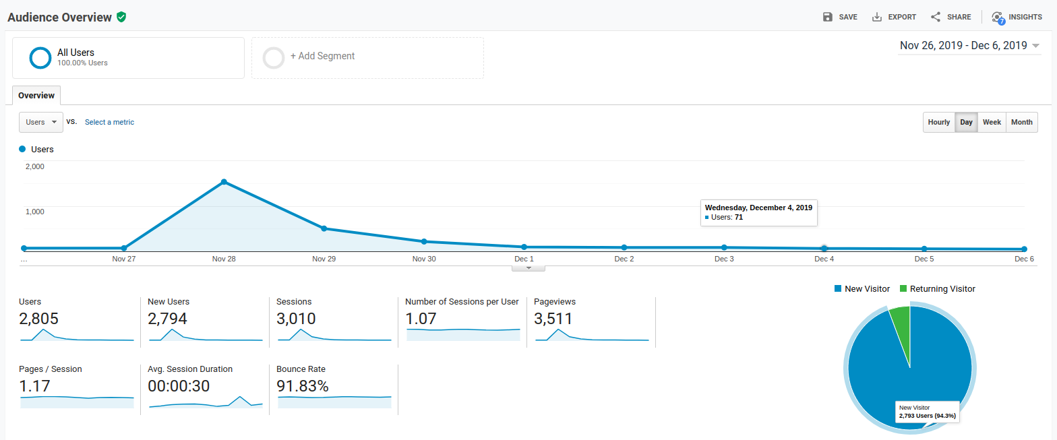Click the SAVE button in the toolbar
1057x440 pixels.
tap(840, 17)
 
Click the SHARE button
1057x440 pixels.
tap(950, 17)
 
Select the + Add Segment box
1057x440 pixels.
tap(367, 57)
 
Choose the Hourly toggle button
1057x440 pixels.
tap(938, 122)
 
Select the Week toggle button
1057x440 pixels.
tap(992, 122)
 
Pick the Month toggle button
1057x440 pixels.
tap(1021, 122)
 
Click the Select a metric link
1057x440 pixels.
tap(109, 122)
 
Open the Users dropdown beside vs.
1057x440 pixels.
tap(41, 122)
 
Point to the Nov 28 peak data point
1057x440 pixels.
tap(224, 182)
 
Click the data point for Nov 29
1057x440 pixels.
tap(324, 228)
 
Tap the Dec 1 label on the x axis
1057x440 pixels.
tap(524, 259)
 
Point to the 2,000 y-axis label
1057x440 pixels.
tap(35, 166)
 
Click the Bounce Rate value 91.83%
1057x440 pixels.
tap(303, 386)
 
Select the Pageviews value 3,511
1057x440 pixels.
tap(553, 319)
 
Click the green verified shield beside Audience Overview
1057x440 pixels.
tap(121, 17)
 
